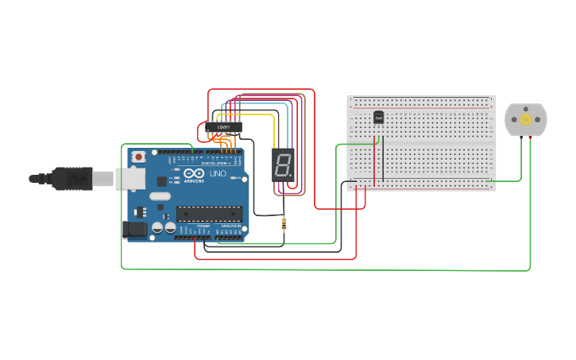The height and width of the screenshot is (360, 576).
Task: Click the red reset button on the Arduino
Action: pos(139,157)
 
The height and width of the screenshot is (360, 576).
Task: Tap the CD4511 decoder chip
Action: pos(224,127)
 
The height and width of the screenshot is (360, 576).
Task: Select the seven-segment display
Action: pos(283,165)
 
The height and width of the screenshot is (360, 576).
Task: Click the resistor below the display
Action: pos(284,225)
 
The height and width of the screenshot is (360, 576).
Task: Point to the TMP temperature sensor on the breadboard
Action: pos(378,118)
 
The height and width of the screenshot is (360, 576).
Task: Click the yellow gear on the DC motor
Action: pos(525,119)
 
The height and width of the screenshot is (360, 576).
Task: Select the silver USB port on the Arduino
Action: pos(130,179)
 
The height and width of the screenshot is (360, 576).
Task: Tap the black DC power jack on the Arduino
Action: pos(136,229)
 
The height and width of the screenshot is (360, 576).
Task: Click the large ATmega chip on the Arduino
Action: pos(209,212)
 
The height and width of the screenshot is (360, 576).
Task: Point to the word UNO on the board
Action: pos(218,173)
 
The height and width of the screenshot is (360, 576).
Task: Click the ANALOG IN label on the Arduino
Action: pos(230,226)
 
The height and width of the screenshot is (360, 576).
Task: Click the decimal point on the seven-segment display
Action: pos(292,177)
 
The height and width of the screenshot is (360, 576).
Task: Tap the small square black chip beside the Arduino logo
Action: pos(173,181)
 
